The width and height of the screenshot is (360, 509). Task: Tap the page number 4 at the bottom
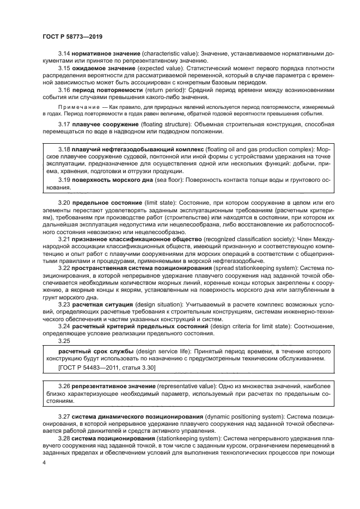coord(44,462)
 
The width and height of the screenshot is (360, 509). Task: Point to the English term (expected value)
coord(158,69)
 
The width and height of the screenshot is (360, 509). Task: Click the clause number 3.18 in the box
coord(64,148)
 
